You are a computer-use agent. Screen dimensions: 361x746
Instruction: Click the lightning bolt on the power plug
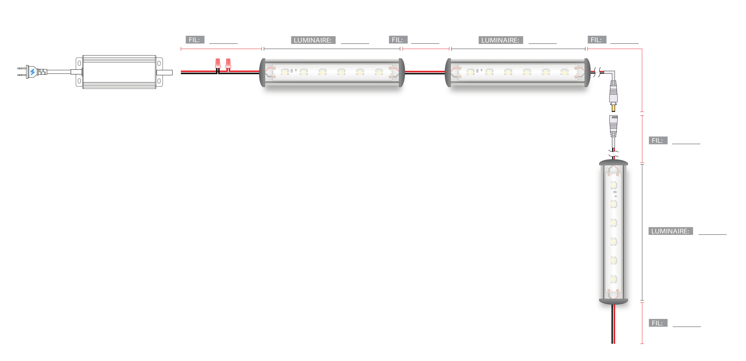coord(32,72)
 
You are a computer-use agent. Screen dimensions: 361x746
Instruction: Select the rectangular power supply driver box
coord(119,72)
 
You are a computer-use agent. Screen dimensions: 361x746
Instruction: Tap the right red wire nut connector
coord(228,63)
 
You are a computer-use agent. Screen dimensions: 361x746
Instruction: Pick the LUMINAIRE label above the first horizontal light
coord(313,40)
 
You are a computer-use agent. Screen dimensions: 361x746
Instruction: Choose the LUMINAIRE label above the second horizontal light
coord(500,40)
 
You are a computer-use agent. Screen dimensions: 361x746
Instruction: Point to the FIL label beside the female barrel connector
coord(658,140)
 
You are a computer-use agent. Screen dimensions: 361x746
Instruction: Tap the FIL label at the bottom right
coord(658,323)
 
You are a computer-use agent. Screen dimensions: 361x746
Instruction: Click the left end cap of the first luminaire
coord(262,72)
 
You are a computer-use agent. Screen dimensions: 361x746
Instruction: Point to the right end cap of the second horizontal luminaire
coord(587,72)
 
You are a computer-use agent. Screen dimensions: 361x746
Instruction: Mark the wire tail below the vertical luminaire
coord(613,324)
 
